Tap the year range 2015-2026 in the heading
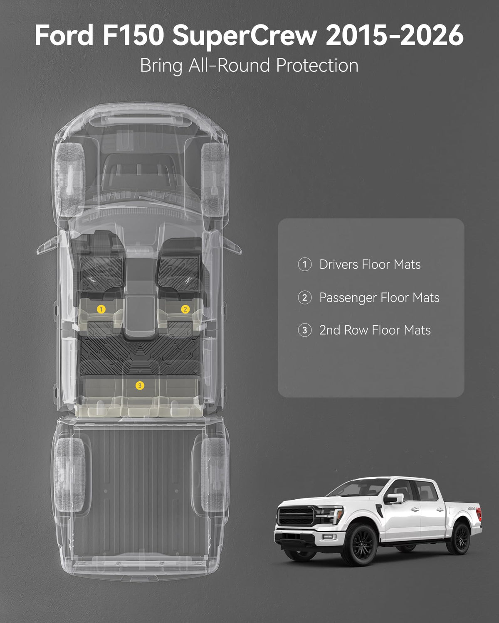coord(395,35)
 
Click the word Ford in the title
coord(64,35)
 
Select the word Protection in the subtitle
coord(317,66)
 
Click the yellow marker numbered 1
coord(101,309)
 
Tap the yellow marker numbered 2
coord(185,309)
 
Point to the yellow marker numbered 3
coord(140,385)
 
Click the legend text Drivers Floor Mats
coord(370,265)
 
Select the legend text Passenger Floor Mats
coord(379,298)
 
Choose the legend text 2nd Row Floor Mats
coord(375,330)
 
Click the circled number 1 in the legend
coord(305,265)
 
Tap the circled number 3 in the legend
coord(305,330)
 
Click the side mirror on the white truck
coord(394,498)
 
